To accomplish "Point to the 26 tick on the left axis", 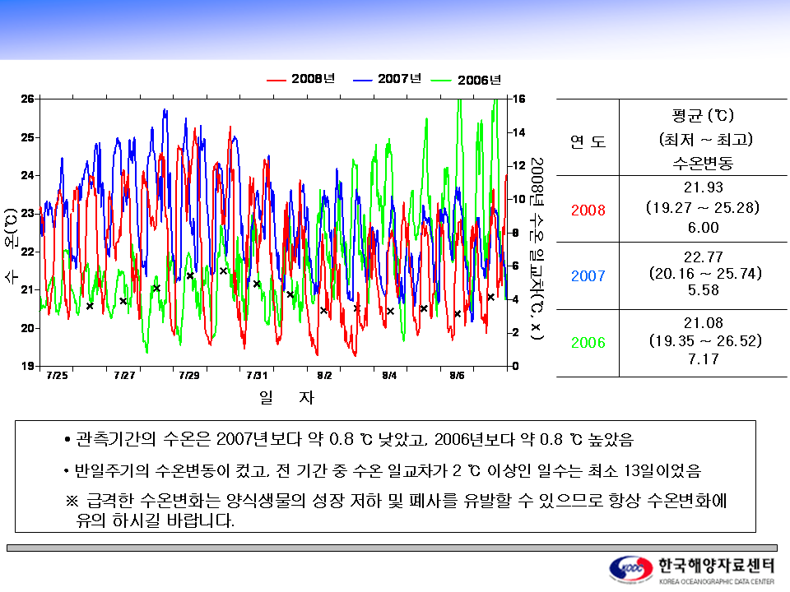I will (x=27, y=99).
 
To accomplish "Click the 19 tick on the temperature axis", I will (x=27, y=366).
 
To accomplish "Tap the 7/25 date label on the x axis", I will (x=57, y=376).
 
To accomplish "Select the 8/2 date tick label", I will (x=323, y=376).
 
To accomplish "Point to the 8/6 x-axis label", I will (x=457, y=376).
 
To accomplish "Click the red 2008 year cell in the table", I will (x=588, y=210).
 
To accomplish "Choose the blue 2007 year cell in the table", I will (x=588, y=276).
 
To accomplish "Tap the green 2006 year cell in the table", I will (x=588, y=343).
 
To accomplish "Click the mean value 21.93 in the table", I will (x=702, y=188).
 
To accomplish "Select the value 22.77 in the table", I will (x=702, y=256).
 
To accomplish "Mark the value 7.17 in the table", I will (x=702, y=359).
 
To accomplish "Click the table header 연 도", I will (x=588, y=141).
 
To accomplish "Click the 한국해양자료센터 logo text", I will (x=716, y=566).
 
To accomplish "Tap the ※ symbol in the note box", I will (x=71, y=502).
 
